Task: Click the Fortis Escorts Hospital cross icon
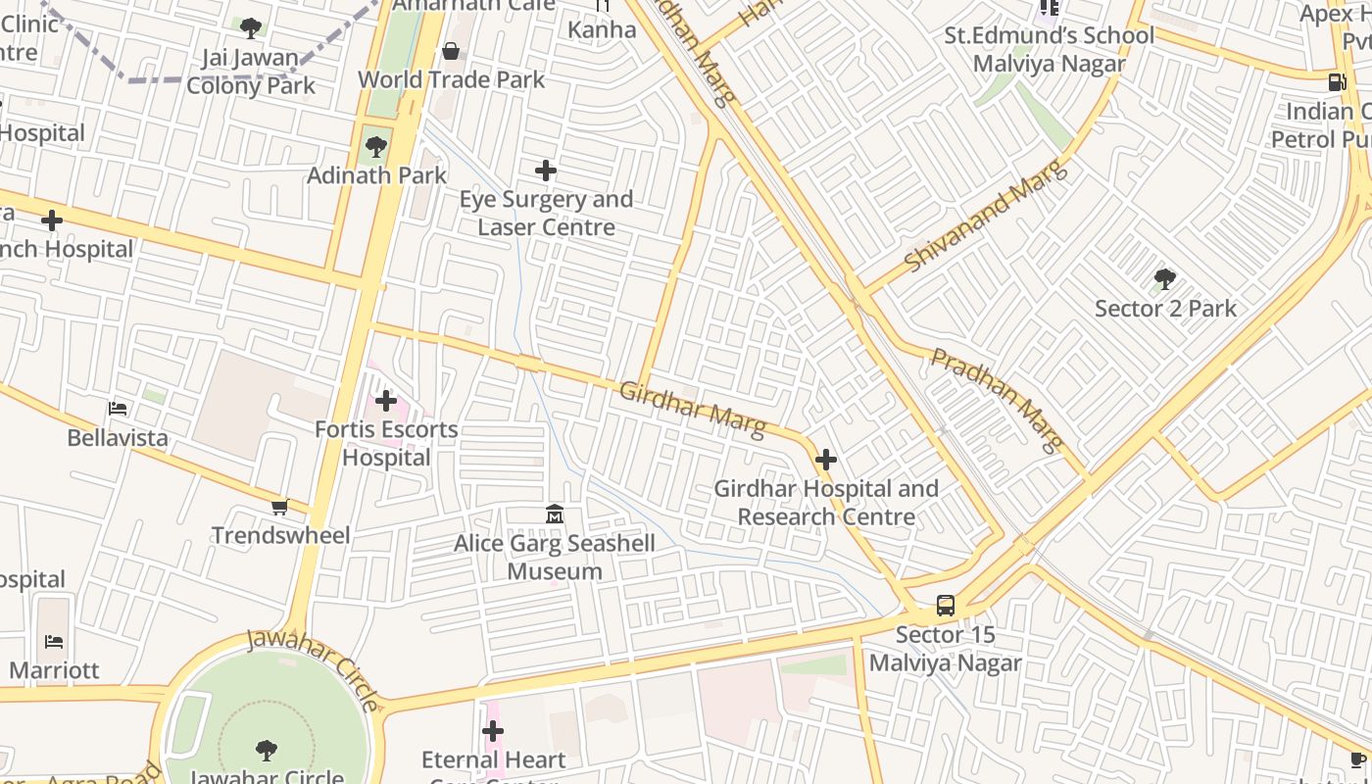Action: [386, 401]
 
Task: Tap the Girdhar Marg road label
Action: [692, 410]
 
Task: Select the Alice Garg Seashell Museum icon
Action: [555, 514]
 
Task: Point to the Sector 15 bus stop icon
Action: [946, 606]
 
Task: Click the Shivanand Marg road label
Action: [984, 218]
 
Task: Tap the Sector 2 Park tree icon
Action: [1164, 279]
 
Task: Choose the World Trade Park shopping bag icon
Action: [451, 51]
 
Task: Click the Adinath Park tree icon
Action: [374, 148]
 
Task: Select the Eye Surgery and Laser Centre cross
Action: [546, 171]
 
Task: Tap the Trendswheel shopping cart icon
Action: [280, 507]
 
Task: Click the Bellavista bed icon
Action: [118, 408]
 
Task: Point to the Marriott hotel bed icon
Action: [54, 642]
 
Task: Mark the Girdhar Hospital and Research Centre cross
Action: [826, 459]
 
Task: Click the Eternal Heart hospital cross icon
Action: [493, 731]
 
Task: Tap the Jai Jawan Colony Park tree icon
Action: [251, 28]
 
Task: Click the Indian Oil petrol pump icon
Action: [1337, 81]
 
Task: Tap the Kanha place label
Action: [602, 29]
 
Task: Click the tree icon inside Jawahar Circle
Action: [266, 751]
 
